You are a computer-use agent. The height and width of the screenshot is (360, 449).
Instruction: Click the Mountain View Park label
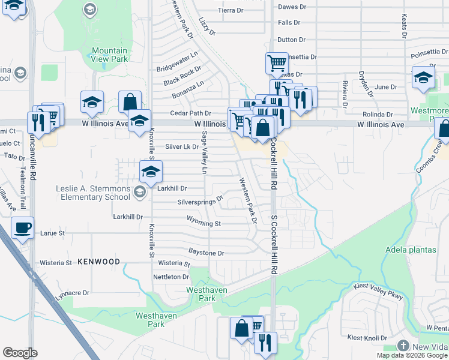tap(110, 55)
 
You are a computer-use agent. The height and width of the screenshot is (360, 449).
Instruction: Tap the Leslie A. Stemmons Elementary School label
tap(93, 192)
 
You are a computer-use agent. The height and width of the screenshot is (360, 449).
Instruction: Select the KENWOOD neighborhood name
tap(94, 262)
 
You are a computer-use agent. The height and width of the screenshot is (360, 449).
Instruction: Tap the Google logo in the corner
tap(20, 353)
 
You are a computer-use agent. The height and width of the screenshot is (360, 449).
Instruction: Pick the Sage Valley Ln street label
tap(204, 153)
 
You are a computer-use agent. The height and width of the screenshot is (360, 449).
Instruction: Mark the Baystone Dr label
tap(206, 253)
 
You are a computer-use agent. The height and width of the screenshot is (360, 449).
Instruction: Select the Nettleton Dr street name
tap(171, 277)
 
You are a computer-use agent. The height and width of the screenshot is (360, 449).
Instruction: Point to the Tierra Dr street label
tap(231, 11)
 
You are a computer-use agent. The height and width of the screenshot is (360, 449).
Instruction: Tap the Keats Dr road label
tap(405, 26)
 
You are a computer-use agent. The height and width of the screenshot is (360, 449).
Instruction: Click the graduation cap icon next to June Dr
tap(423, 77)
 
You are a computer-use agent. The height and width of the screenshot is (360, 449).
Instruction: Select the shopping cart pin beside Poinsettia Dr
tap(277, 62)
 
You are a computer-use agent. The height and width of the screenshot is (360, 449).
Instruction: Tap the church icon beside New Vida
tap(403, 346)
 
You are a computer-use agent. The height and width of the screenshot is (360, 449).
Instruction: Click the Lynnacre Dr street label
tap(72, 293)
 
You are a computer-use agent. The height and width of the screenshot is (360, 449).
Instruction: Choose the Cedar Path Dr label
tap(191, 113)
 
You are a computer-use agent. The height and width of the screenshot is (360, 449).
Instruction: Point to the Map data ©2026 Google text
tap(411, 355)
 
